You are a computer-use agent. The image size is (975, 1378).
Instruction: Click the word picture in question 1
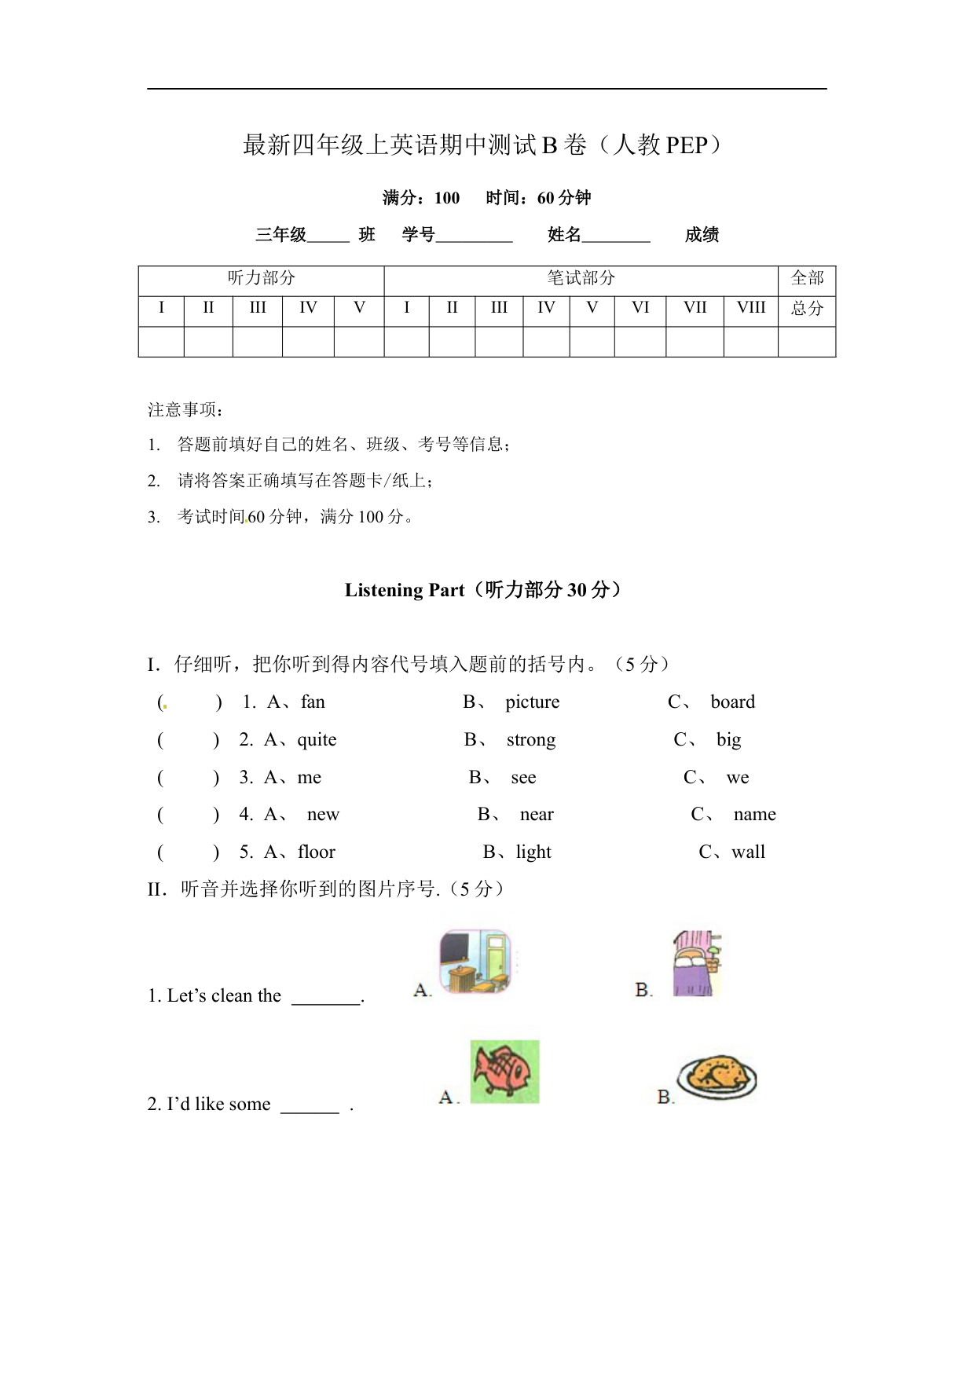click(532, 702)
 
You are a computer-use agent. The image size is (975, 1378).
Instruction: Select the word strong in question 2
click(530, 740)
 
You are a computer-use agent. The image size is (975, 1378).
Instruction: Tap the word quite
click(317, 740)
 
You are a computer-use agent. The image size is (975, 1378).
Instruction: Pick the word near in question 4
click(537, 815)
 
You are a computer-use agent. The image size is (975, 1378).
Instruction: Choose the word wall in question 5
click(748, 852)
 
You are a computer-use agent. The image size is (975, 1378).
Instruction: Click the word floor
click(317, 852)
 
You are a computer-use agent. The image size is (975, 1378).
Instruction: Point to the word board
click(732, 702)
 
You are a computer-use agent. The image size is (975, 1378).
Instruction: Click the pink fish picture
click(504, 1072)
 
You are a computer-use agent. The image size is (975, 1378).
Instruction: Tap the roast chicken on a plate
click(717, 1076)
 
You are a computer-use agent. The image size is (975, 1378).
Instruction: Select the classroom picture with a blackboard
click(475, 961)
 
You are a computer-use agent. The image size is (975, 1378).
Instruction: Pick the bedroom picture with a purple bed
click(696, 964)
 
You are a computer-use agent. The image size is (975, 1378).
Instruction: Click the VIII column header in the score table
click(750, 308)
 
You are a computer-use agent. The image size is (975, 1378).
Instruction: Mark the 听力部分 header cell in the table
click(261, 278)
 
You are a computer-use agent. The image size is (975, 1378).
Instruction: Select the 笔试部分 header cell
click(581, 278)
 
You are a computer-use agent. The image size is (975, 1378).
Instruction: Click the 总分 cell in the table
click(807, 308)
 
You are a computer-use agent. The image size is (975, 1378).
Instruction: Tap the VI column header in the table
click(640, 308)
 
